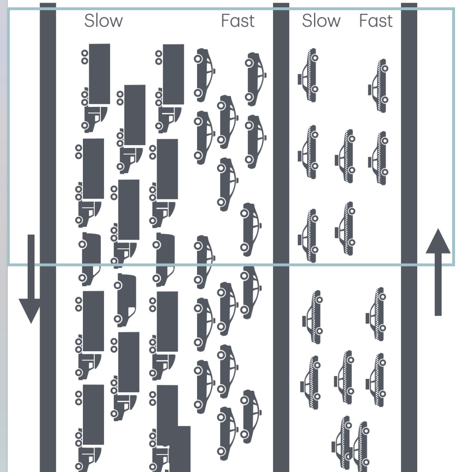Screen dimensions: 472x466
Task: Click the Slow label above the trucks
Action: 104,21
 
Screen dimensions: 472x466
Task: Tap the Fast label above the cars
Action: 238,21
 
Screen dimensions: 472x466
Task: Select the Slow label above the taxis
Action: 321,21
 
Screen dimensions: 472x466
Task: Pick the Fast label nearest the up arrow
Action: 376,21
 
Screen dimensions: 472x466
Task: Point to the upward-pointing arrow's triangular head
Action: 438,242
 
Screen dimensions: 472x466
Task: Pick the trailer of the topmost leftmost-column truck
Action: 99,74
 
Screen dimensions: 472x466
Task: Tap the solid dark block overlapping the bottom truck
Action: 180,448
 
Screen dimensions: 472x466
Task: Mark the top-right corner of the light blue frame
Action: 454,9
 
